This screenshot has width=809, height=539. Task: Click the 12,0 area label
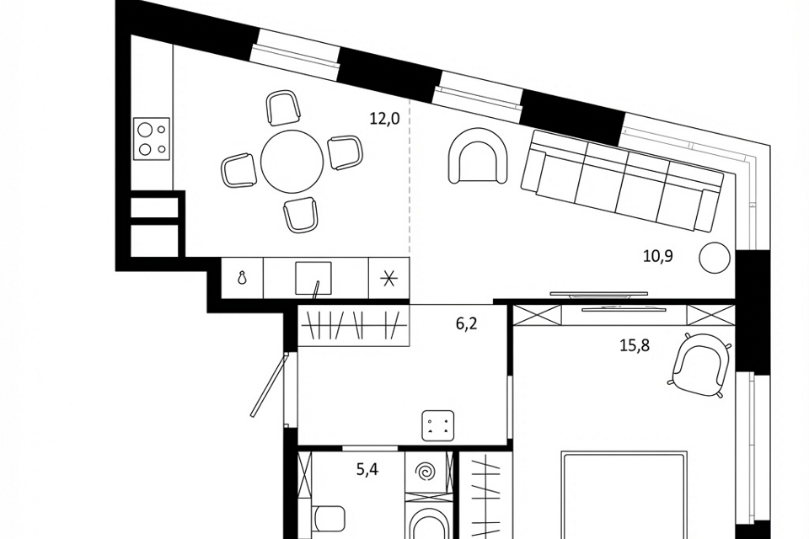tap(385, 119)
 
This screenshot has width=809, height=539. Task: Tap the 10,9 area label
tap(658, 256)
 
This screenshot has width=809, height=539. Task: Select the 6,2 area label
tap(466, 324)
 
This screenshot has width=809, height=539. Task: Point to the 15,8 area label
tap(635, 345)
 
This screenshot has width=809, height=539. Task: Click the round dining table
tap(292, 160)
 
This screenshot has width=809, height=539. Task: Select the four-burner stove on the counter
tap(152, 139)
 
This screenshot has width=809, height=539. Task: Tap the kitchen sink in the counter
tap(313, 279)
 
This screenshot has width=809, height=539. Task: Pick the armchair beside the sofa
tap(478, 156)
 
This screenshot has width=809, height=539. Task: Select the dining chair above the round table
tap(283, 107)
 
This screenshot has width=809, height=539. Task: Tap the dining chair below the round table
tap(300, 215)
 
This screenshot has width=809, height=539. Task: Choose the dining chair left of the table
tap(238, 170)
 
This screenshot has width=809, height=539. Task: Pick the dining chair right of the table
tap(346, 152)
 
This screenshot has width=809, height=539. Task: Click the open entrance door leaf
tap(268, 385)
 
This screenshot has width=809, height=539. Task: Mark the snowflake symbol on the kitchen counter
tap(388, 279)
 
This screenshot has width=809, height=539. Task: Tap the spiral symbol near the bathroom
tap(426, 472)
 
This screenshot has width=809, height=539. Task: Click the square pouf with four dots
tap(438, 425)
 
